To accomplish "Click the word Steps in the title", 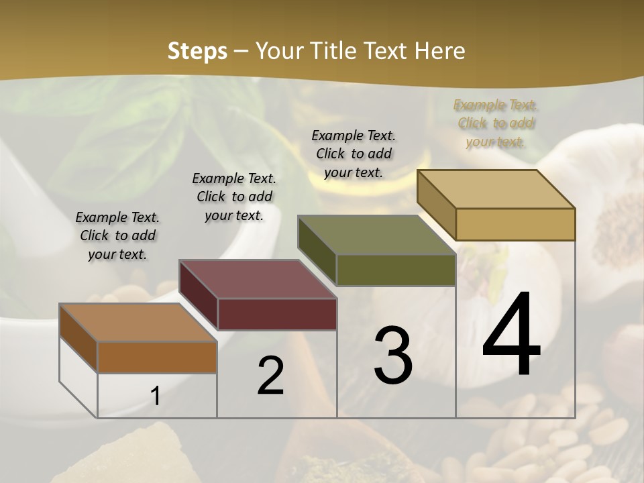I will click(197, 51).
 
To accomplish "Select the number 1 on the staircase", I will click(155, 396).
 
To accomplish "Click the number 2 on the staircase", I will click(270, 376).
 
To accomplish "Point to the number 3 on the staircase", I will click(392, 356).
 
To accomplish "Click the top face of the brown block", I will click(138, 323).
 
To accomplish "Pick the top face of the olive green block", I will click(376, 235).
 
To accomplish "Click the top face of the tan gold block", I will click(496, 189).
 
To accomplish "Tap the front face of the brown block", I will click(157, 357).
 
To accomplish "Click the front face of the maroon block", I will click(277, 314).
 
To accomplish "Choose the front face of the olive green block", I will click(396, 270).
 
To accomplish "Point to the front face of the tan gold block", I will click(515, 224).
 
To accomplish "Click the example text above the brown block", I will click(117, 235).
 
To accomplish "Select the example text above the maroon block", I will click(234, 197).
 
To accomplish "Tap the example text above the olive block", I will click(354, 154).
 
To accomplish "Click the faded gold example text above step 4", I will click(496, 123).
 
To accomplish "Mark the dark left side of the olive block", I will click(317, 250).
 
